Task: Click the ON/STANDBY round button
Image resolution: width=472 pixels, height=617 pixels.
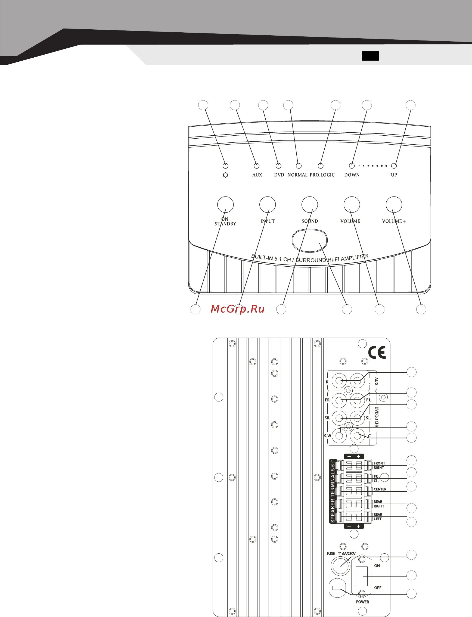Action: click(x=225, y=204)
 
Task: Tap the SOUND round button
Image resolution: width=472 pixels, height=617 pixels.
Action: click(x=310, y=204)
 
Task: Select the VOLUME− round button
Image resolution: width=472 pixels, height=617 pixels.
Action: click(x=352, y=204)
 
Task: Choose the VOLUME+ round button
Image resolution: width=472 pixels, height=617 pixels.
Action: click(x=394, y=204)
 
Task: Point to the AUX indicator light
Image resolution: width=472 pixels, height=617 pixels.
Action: click(x=256, y=166)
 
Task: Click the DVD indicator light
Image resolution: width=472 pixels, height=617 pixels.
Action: click(x=278, y=166)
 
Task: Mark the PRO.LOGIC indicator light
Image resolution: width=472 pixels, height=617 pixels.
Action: click(x=321, y=166)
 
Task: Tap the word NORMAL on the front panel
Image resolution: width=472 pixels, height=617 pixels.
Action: click(x=297, y=175)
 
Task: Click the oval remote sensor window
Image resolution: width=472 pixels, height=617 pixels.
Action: click(x=310, y=240)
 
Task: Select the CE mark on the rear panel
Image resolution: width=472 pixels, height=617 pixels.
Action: click(x=377, y=352)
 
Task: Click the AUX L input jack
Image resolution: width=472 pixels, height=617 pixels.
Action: click(x=357, y=381)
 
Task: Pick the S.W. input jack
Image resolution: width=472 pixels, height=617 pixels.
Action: click(x=339, y=436)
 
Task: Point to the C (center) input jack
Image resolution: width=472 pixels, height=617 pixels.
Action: click(x=357, y=436)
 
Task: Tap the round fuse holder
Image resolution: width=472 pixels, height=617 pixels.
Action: click(x=340, y=566)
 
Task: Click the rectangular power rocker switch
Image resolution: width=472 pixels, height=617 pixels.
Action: click(x=362, y=576)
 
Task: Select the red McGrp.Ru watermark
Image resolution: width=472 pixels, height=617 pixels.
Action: click(x=238, y=309)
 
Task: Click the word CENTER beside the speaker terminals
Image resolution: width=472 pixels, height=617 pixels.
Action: click(x=380, y=489)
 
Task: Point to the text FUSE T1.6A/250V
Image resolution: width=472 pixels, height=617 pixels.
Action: click(x=341, y=553)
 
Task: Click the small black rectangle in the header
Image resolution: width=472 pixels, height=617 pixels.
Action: click(x=370, y=56)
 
